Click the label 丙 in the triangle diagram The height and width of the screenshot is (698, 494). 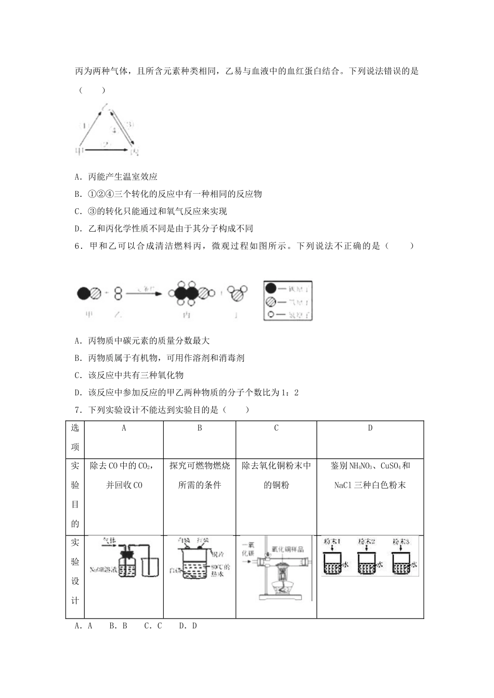pos(134,151)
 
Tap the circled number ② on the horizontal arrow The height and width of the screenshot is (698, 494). pos(106,144)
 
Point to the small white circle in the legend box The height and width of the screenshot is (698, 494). pos(270,314)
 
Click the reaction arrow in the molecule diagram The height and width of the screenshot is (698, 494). pos(146,294)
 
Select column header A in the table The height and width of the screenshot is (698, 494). pos(124,428)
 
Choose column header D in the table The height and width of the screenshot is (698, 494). pos(370,428)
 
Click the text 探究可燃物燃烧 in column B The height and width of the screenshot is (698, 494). pos(200,465)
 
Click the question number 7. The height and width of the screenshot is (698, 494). pos(78,410)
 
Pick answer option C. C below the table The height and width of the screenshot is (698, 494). pos(153,626)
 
